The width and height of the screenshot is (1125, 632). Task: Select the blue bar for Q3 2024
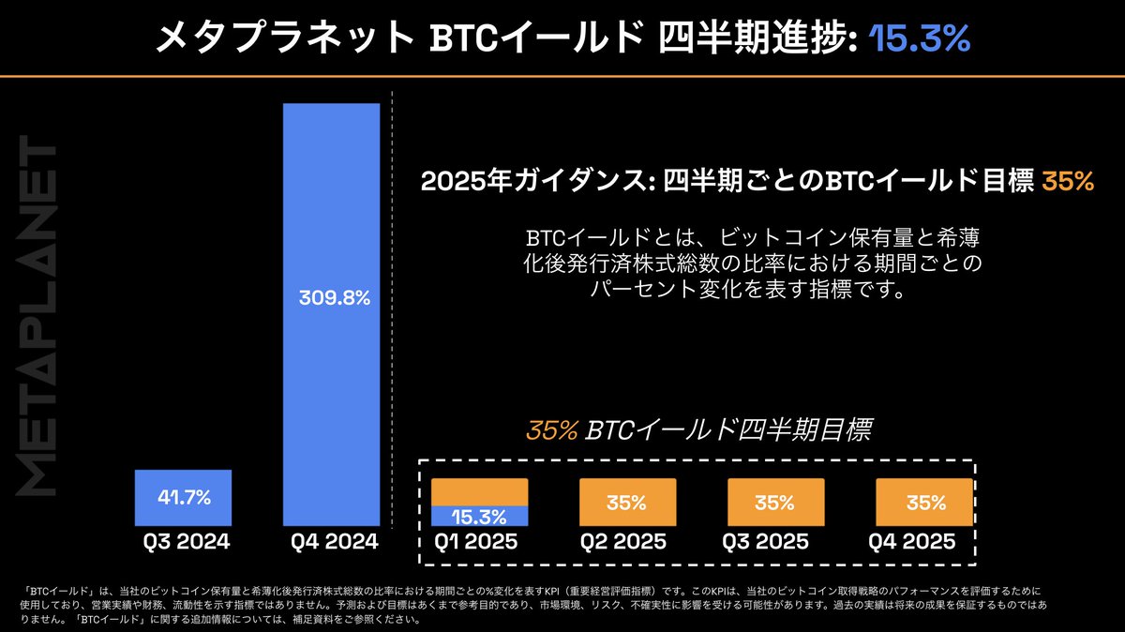click(x=183, y=498)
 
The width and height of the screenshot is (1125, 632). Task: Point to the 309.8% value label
click(x=332, y=299)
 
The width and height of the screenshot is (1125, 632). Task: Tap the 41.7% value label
click(x=183, y=498)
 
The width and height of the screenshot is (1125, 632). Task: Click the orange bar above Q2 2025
click(x=627, y=502)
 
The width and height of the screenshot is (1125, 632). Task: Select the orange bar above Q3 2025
click(x=775, y=502)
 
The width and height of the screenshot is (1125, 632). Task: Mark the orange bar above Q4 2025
click(x=923, y=502)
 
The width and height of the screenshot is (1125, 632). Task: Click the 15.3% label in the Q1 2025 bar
click(x=479, y=516)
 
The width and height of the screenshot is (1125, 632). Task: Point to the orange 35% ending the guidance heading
click(x=1068, y=182)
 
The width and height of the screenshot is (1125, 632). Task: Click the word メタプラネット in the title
click(x=282, y=38)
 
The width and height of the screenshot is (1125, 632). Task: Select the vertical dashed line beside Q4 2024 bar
click(x=392, y=309)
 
